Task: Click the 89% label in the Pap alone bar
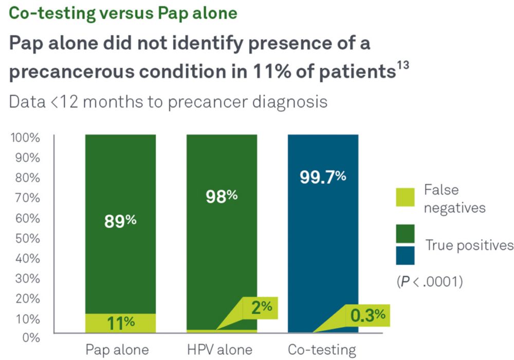[x=120, y=221]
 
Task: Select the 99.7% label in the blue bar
[x=323, y=177]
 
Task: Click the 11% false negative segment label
[x=120, y=323]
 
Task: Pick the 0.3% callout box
[x=368, y=315]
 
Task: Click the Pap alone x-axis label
[x=117, y=350]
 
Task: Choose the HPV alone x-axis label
[x=220, y=350]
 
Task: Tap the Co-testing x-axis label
[x=322, y=350]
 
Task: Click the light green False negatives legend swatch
[x=405, y=198]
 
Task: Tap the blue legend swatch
[x=405, y=255]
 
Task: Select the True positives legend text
[x=469, y=245]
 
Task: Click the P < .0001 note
[x=429, y=281]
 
